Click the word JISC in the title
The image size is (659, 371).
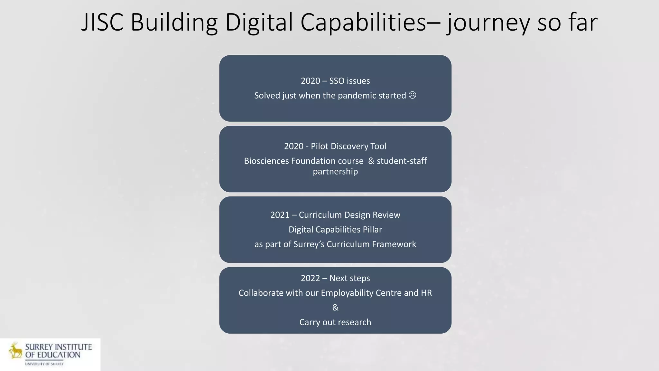click(102, 23)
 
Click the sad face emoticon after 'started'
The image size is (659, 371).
click(412, 95)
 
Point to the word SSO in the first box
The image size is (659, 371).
click(337, 81)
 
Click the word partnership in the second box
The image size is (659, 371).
click(335, 171)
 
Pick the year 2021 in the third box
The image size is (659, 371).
click(280, 215)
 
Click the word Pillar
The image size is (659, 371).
click(372, 230)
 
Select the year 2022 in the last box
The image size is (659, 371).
click(310, 278)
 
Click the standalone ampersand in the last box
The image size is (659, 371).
click(335, 308)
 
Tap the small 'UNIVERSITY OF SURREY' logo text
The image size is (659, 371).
click(44, 364)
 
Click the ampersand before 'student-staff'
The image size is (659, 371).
click(371, 161)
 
